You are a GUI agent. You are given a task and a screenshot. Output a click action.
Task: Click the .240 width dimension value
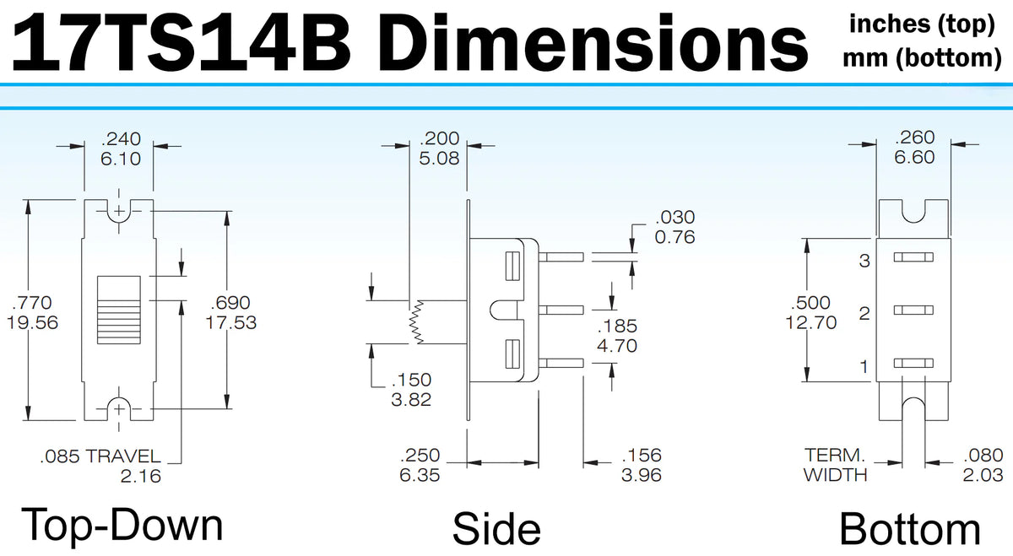[121, 138]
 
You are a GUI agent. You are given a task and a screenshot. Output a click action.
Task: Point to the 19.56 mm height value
[32, 321]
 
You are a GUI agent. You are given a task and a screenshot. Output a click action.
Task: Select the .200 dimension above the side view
[439, 138]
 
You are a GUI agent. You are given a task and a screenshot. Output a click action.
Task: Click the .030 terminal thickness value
[674, 219]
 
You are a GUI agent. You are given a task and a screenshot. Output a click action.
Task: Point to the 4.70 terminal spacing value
[617, 345]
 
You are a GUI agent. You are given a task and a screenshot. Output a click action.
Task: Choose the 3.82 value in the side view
[411, 399]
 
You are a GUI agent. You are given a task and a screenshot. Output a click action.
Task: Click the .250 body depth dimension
[420, 456]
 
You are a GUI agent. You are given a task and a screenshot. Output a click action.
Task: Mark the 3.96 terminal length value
[641, 474]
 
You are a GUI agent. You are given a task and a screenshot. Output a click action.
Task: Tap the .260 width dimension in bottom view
[914, 138]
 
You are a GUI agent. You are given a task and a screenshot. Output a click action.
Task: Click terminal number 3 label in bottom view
[864, 261]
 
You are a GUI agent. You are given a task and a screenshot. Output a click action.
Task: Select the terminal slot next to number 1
[914, 363]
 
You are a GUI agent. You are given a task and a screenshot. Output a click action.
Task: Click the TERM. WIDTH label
[835, 465]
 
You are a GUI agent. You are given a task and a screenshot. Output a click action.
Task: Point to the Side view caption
[496, 528]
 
